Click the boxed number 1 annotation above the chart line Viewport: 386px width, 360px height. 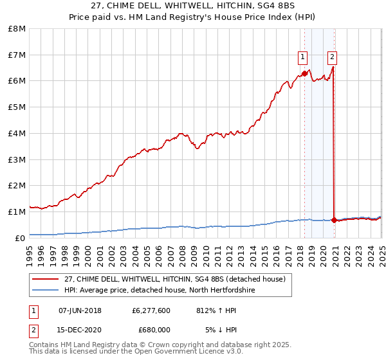pyautogui.click(x=302, y=57)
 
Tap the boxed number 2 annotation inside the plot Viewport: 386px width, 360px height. pyautogui.click(x=332, y=57)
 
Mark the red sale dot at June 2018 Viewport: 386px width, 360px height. pyautogui.click(x=304, y=73)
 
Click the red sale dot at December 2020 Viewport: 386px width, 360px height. pyautogui.click(x=334, y=220)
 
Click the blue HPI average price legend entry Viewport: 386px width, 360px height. pyautogui.click(x=160, y=291)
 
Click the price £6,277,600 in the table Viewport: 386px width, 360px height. pyautogui.click(x=151, y=310)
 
